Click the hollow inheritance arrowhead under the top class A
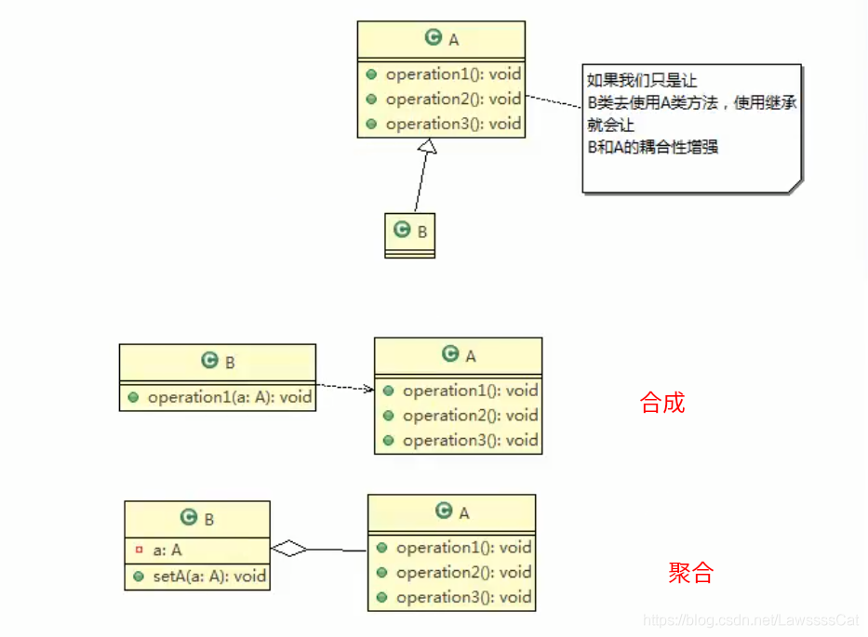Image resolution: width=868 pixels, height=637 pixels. tap(426, 147)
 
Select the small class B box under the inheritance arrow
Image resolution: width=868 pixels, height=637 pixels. tap(410, 234)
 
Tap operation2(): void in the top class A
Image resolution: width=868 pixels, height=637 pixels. tap(453, 99)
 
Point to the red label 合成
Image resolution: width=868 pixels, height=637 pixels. tap(662, 403)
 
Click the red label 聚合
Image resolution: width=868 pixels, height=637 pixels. tap(690, 573)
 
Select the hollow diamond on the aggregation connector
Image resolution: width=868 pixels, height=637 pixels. tap(289, 550)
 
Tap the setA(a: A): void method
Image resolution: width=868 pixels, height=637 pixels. tap(209, 576)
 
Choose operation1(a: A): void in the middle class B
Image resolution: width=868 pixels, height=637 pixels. tap(230, 397)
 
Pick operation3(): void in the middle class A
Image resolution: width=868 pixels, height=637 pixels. tap(470, 441)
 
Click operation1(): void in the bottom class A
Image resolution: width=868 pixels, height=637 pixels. tap(463, 548)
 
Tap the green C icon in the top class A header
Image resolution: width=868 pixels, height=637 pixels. tap(433, 37)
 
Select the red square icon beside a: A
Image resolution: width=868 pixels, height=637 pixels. tap(139, 550)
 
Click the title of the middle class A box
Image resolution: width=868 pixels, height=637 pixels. tap(459, 355)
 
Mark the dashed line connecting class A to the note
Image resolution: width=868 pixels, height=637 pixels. tap(553, 101)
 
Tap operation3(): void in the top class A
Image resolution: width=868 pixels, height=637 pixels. tap(453, 124)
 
